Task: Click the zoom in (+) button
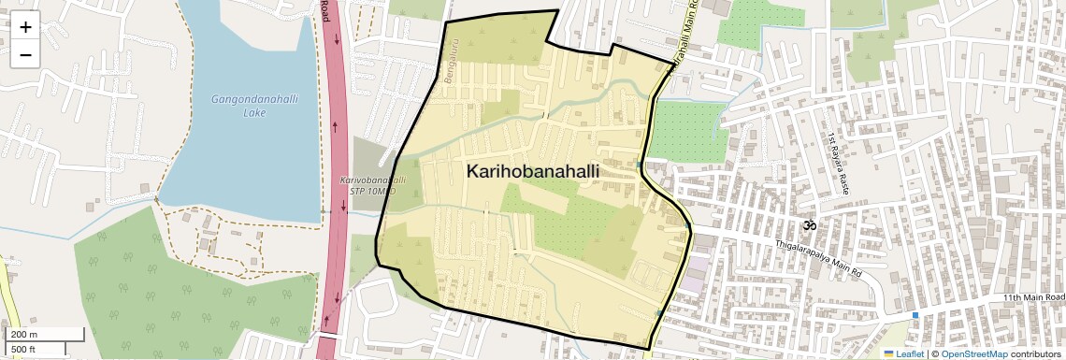(25, 27)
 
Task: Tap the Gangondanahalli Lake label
(240, 106)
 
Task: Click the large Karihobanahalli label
(532, 172)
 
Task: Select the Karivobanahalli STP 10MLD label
(372, 184)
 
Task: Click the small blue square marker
(915, 315)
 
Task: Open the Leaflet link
(910, 353)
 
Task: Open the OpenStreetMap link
(974, 353)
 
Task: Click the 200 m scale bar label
(24, 335)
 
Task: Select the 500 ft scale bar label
(24, 349)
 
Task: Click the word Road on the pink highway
(325, 11)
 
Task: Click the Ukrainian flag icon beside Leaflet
(888, 353)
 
